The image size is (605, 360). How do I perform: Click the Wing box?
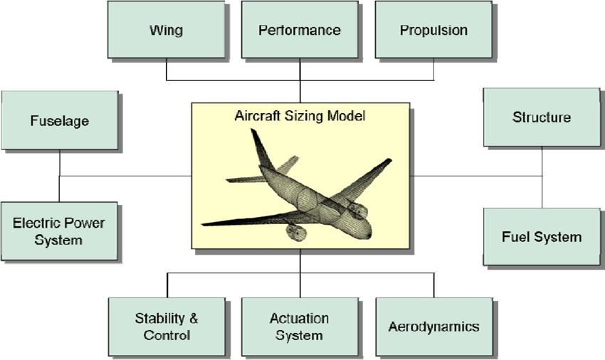166,30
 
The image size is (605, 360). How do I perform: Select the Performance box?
300,30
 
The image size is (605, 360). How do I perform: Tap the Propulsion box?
433,30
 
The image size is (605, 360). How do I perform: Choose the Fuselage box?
60,120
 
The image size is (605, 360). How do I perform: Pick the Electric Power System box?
59,231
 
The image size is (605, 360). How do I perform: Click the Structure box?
542,117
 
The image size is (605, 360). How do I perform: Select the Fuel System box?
542,236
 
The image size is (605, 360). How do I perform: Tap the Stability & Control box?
167,327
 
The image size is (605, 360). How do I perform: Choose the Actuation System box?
300,327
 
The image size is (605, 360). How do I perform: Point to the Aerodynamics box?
434,327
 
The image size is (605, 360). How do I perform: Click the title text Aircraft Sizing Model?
300,116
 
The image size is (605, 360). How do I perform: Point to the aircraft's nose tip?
369,234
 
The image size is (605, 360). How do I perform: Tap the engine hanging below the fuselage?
296,232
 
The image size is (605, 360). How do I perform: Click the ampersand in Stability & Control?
194,318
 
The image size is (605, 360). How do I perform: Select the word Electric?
36,223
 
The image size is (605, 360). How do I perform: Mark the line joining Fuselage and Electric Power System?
59,176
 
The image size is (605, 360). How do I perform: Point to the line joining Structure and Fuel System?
542,177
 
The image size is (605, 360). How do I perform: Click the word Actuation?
300,318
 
